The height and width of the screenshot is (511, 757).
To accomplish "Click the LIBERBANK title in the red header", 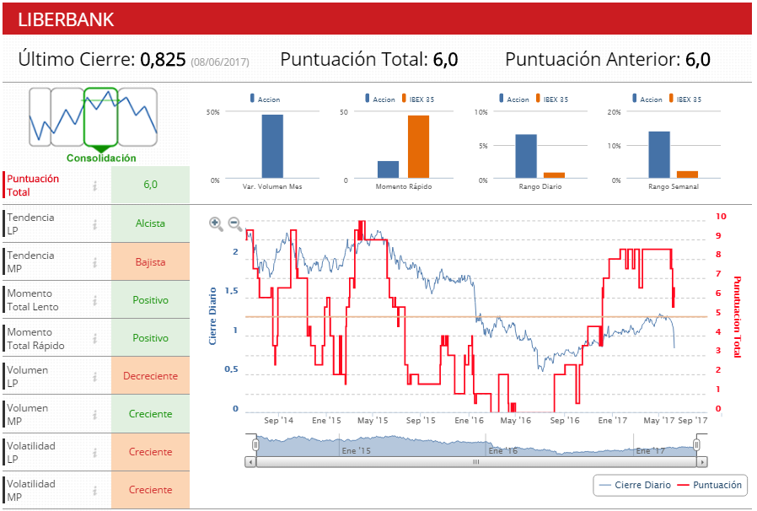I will (66, 19).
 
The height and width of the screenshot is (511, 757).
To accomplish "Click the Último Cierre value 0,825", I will (163, 60).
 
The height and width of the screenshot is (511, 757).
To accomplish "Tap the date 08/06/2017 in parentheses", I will (220, 62).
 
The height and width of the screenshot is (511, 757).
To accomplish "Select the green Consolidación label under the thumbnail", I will (100, 158).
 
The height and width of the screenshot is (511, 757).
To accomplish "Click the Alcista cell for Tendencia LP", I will (150, 223).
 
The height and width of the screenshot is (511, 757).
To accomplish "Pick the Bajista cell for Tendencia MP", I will (150, 262).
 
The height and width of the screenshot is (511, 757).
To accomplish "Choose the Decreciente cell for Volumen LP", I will (150, 376).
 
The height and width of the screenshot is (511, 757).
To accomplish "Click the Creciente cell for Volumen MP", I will (150, 414).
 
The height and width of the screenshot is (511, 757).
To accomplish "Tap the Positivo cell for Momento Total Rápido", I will (150, 338).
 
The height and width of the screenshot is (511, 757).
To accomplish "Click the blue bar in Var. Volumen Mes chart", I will (271, 147).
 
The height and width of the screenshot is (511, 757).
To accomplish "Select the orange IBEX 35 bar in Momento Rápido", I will (418, 147).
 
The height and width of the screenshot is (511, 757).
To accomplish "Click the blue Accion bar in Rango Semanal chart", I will (659, 155).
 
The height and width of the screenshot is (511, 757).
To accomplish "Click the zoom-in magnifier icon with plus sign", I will (216, 223).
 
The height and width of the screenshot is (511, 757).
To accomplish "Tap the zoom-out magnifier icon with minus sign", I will (235, 223).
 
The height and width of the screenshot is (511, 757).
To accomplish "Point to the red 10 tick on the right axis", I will (721, 216).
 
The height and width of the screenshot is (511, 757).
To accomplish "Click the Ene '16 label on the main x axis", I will (469, 420).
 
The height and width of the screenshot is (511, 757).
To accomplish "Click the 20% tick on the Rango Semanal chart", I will (614, 111).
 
